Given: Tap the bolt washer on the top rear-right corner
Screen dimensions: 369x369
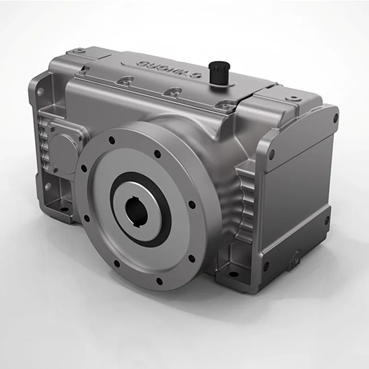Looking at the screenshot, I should pyautogui.click(x=292, y=98).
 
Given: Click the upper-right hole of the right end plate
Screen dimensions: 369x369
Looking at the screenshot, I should pyautogui.click(x=335, y=119).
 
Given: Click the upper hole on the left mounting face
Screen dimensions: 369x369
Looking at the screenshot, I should pyautogui.click(x=40, y=92).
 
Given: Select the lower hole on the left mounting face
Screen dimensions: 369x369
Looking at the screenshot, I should pyautogui.click(x=48, y=187).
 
